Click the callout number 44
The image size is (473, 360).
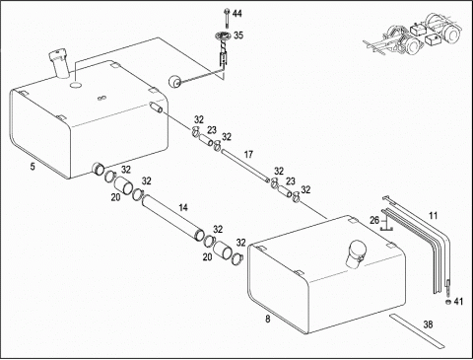(x=237, y=14)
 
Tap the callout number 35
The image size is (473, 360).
(x=238, y=36)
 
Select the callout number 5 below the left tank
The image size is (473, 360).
(x=33, y=167)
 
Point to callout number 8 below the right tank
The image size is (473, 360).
(x=268, y=319)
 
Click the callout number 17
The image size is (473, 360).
(x=248, y=154)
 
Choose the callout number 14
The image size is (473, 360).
(x=183, y=207)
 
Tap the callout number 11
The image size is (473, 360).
(x=434, y=216)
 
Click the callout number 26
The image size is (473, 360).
(x=374, y=220)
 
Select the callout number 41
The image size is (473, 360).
(x=458, y=301)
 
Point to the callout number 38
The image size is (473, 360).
(x=428, y=324)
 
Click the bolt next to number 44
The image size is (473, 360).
(x=227, y=18)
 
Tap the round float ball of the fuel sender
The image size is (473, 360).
(x=174, y=81)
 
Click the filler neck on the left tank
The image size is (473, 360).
(x=60, y=64)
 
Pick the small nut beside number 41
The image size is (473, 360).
(x=448, y=302)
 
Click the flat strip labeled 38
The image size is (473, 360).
(x=417, y=331)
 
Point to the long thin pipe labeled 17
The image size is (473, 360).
(x=245, y=166)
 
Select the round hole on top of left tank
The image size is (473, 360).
(x=76, y=85)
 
